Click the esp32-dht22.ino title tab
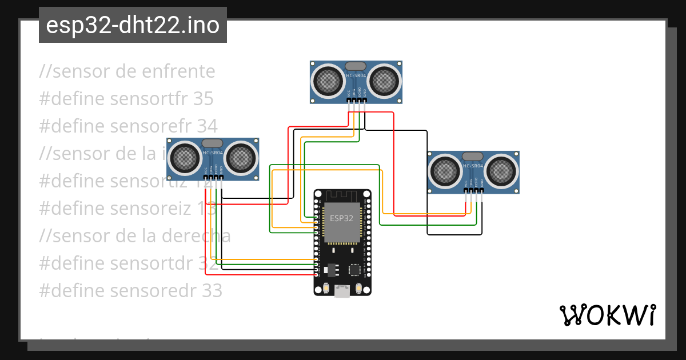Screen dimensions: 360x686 point(133,25)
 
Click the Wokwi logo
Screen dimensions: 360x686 point(607,315)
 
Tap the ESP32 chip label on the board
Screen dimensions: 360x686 point(342,218)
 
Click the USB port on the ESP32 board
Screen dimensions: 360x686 point(342,291)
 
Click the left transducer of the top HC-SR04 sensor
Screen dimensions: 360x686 point(328,81)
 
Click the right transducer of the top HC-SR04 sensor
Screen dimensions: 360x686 point(384,81)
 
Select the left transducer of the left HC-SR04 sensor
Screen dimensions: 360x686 point(185,158)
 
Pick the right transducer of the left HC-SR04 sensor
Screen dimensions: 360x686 point(240,158)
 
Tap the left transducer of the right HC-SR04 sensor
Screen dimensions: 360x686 point(445,171)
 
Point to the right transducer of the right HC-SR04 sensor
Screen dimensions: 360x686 point(501,171)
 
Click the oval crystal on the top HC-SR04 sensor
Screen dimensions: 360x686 point(356,66)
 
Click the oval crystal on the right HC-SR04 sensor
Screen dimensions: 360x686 point(473,156)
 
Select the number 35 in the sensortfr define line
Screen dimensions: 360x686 point(203,99)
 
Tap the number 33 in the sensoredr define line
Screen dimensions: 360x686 point(212,291)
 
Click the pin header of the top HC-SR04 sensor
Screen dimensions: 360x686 point(357,101)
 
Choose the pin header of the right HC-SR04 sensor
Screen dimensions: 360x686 point(474,191)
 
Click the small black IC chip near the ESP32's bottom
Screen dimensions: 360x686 point(355,269)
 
